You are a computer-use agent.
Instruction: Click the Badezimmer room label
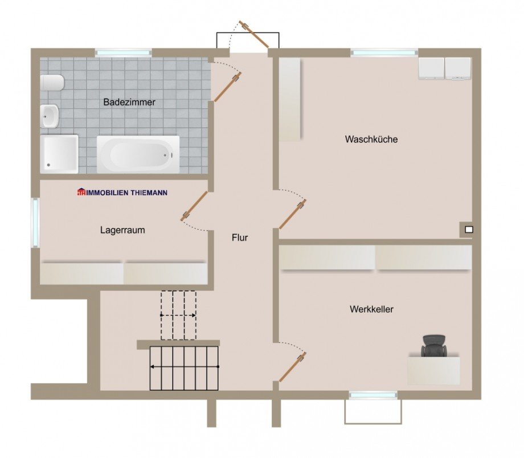click(129, 103)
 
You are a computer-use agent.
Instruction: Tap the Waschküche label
click(371, 139)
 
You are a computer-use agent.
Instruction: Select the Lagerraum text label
click(122, 230)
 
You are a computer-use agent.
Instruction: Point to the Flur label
click(240, 238)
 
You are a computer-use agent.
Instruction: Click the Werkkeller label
click(371, 309)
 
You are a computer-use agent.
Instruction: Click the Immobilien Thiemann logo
click(122, 192)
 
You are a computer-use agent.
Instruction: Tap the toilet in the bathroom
click(52, 83)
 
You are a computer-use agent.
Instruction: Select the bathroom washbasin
click(50, 116)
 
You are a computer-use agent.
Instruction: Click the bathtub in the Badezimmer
click(138, 154)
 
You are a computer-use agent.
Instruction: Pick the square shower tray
click(59, 154)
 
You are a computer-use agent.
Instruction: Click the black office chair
click(434, 346)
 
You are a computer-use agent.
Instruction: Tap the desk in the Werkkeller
click(433, 371)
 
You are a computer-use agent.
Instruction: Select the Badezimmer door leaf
click(227, 87)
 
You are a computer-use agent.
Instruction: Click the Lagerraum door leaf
click(194, 206)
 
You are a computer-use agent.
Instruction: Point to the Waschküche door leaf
click(293, 214)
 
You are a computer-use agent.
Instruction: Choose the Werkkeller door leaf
click(292, 367)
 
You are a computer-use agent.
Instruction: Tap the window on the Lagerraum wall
click(35, 223)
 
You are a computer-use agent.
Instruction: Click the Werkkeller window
click(373, 395)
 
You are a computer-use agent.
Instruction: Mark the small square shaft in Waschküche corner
click(469, 230)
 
